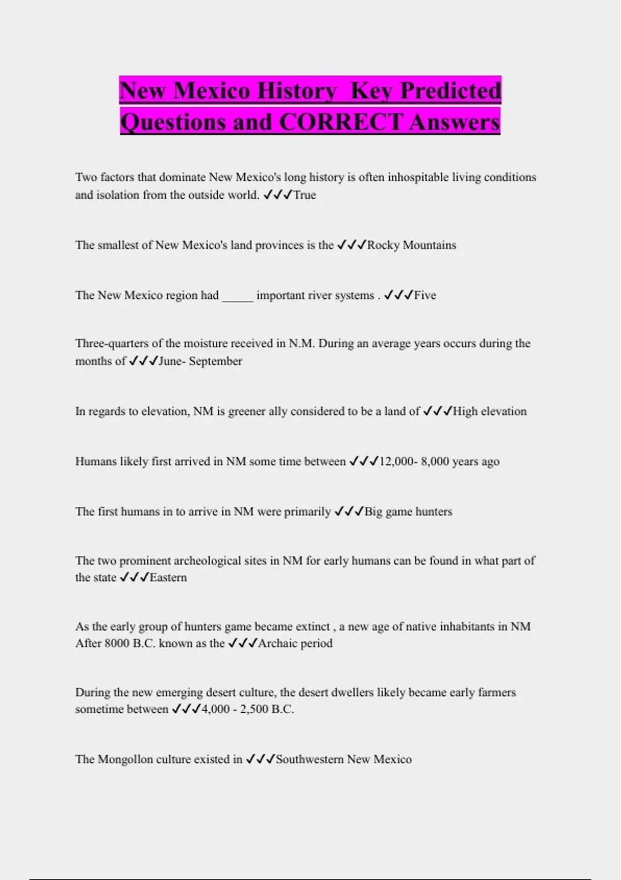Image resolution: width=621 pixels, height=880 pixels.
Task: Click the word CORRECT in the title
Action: (341, 122)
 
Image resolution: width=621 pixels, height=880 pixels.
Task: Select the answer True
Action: (305, 195)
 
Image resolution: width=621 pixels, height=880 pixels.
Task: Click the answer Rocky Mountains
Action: (411, 245)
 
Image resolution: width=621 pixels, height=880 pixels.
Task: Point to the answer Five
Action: (425, 296)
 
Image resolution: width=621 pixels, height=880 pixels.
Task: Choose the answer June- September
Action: (200, 361)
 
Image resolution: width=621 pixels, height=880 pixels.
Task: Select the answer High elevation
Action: (490, 412)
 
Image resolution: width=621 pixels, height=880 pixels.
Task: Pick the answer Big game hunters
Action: (408, 512)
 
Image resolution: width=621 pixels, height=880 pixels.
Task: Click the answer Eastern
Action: (168, 578)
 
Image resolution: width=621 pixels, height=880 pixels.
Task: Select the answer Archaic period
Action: (295, 643)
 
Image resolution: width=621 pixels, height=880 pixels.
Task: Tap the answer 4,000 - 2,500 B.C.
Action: (247, 709)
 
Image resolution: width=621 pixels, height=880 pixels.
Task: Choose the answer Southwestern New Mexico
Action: (344, 759)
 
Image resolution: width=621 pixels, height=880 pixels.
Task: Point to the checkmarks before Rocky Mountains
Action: (351, 245)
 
